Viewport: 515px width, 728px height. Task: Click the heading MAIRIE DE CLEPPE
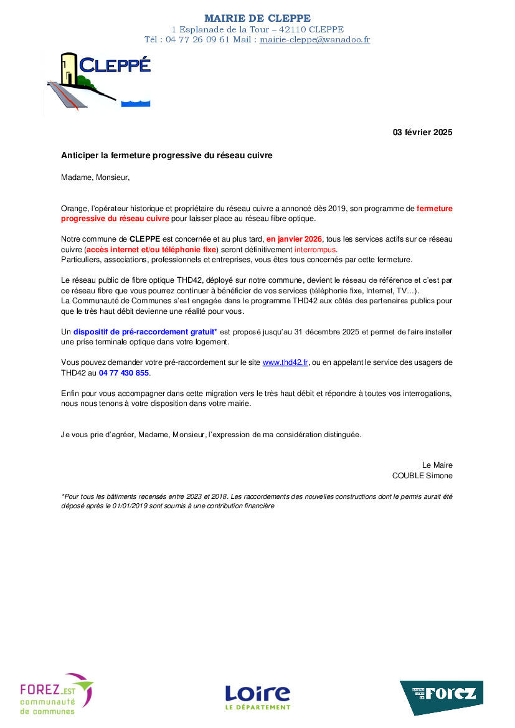pyautogui.click(x=257, y=19)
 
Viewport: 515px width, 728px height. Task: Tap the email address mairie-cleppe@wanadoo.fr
pyautogui.click(x=314, y=39)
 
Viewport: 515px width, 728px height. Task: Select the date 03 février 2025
pyautogui.click(x=422, y=132)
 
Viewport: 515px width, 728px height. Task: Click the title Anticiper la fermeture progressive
pyautogui.click(x=166, y=155)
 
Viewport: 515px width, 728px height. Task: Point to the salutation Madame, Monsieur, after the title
pyautogui.click(x=95, y=177)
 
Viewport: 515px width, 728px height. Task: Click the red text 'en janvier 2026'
pyautogui.click(x=295, y=239)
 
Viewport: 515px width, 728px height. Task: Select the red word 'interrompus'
pyautogui.click(x=314, y=249)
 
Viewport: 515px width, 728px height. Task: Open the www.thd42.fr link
pyautogui.click(x=285, y=362)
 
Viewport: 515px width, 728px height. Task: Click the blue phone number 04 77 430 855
pyautogui.click(x=124, y=373)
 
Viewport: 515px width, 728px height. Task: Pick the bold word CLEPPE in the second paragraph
pyautogui.click(x=145, y=239)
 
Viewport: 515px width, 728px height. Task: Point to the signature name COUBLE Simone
pyautogui.click(x=422, y=476)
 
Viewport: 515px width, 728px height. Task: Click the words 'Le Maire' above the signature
pyautogui.click(x=437, y=465)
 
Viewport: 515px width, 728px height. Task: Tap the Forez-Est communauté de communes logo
pyautogui.click(x=56, y=693)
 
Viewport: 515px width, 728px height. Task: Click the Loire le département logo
pyautogui.click(x=257, y=696)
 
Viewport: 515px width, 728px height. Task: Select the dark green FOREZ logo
pyautogui.click(x=441, y=696)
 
